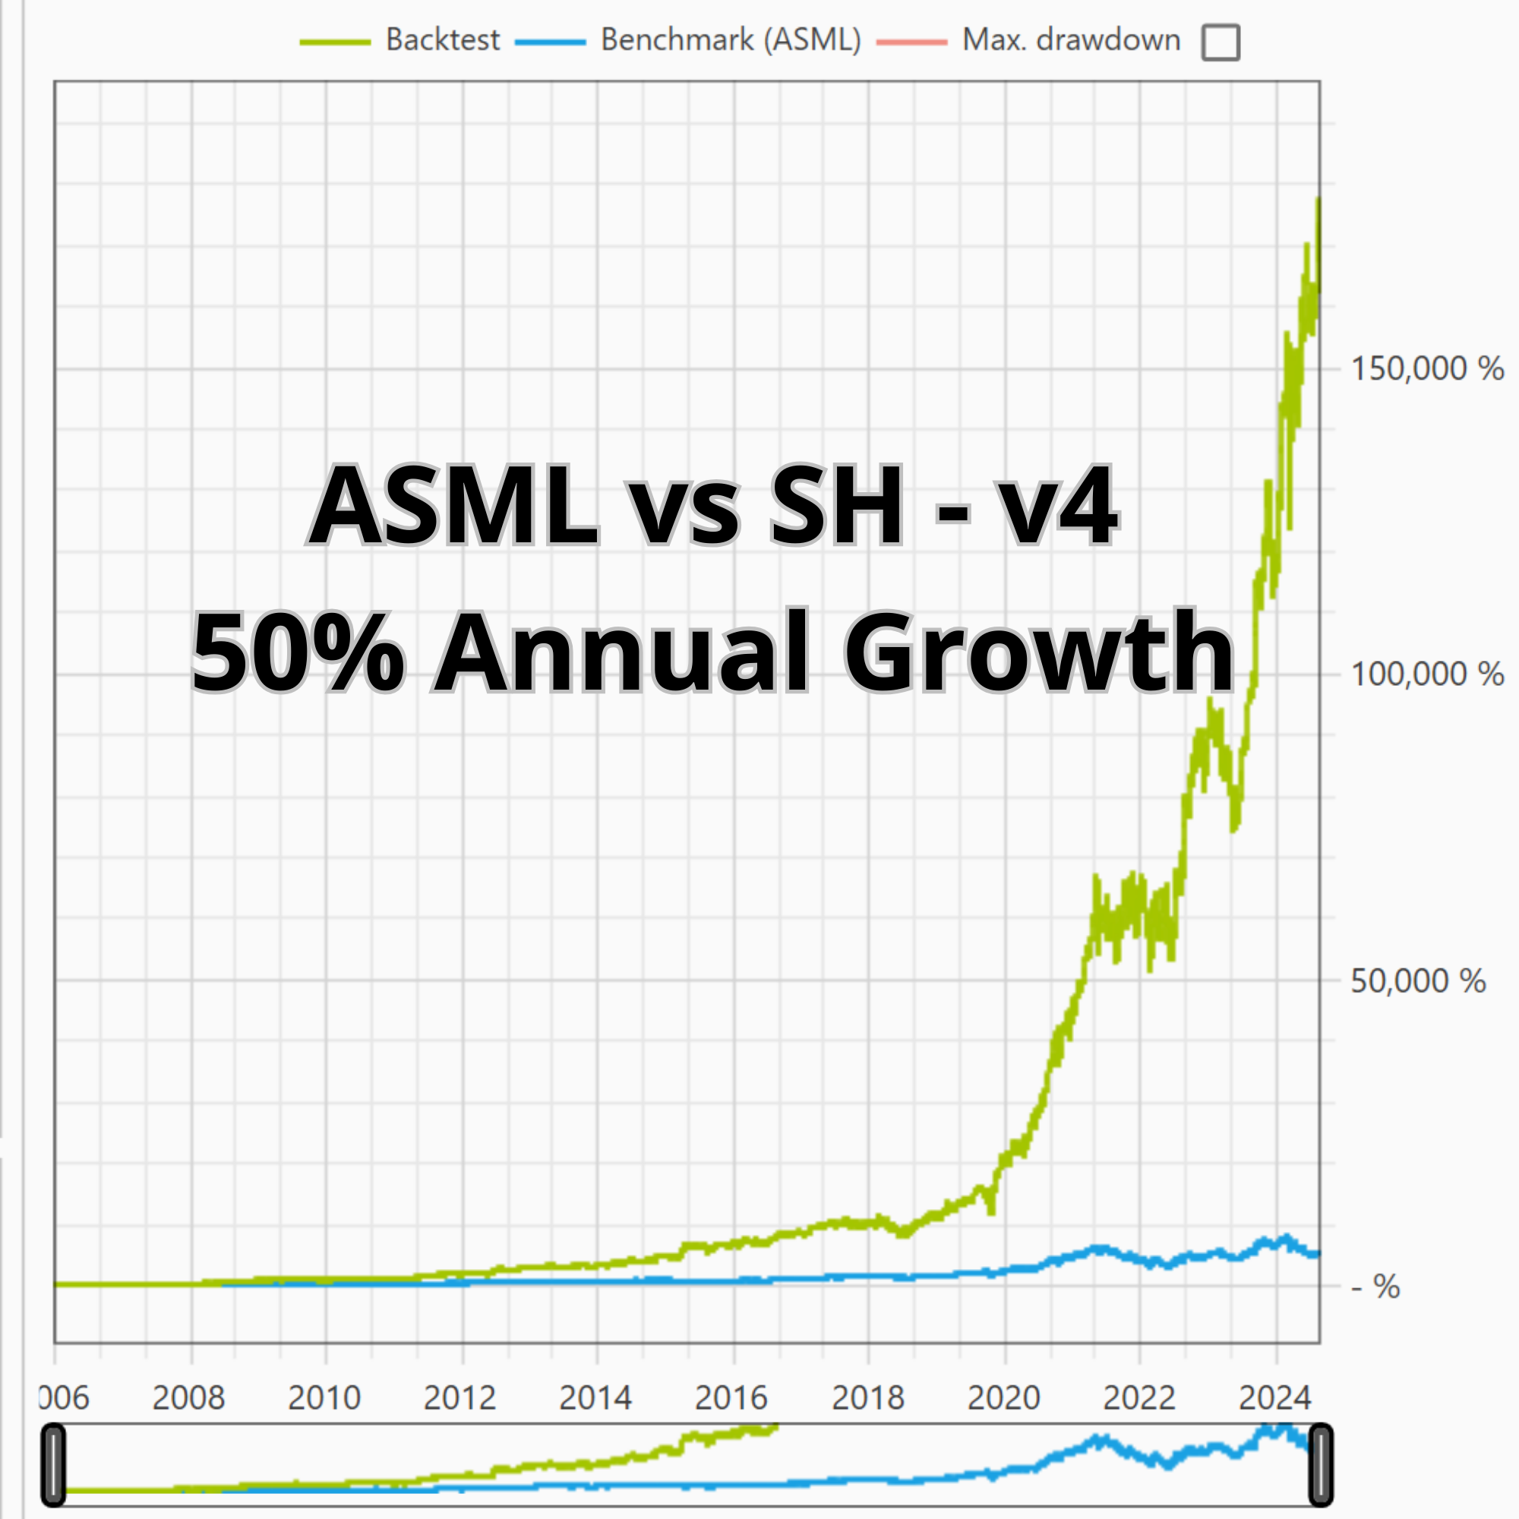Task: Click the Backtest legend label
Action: [442, 40]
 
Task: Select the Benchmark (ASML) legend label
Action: [731, 40]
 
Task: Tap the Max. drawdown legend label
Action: [1071, 40]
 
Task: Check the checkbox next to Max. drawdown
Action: [1221, 43]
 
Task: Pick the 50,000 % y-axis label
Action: [1417, 981]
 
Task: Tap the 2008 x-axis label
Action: [188, 1398]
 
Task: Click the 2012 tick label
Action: [460, 1398]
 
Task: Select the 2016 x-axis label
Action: [731, 1398]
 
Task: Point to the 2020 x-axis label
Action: [1004, 1398]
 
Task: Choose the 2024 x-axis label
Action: [1274, 1398]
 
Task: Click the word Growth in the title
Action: [1038, 652]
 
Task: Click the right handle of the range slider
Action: [1320, 1465]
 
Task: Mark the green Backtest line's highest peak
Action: [1318, 200]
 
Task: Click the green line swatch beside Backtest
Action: [335, 42]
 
